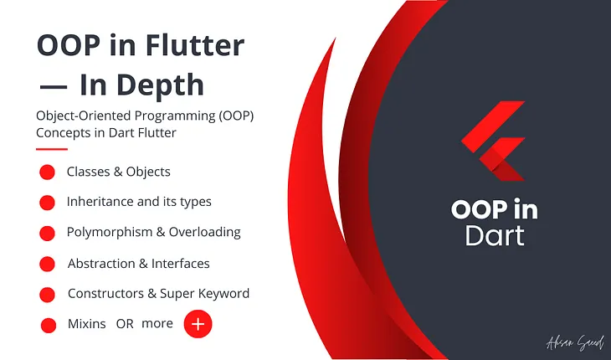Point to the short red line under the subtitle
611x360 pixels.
tap(51, 150)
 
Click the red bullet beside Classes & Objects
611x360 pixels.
tap(47, 172)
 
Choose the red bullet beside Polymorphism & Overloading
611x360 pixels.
tap(47, 233)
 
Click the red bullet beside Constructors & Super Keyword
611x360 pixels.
tap(47, 294)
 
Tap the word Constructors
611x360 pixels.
tap(104, 293)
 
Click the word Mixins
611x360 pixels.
tap(86, 323)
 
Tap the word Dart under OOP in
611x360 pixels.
tap(495, 235)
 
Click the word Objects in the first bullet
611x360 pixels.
tap(147, 172)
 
